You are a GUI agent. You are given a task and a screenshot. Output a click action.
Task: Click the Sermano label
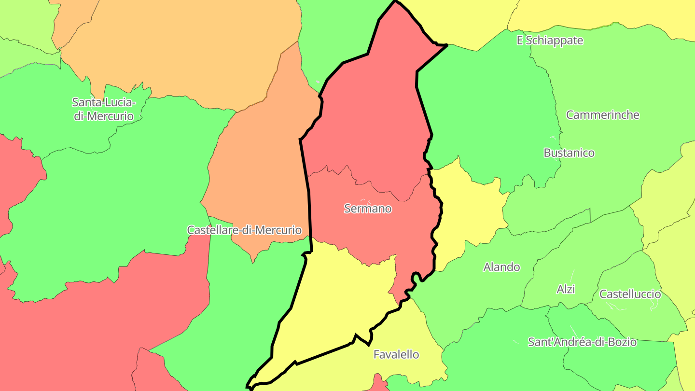[x=368, y=209]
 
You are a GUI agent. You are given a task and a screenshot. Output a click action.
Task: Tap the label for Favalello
[x=396, y=354]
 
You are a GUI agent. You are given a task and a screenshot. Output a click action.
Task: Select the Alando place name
[x=501, y=267]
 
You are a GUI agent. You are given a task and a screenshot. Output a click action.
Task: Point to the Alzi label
[x=566, y=289]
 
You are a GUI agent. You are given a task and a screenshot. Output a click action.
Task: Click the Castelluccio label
[x=630, y=294]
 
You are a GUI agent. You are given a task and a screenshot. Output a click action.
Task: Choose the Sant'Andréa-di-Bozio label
[x=582, y=342]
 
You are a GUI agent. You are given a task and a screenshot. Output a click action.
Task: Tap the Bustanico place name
[x=569, y=153]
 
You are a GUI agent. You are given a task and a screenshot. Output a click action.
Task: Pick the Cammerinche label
[x=602, y=115]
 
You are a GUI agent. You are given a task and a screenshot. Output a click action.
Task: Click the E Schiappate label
[x=550, y=41]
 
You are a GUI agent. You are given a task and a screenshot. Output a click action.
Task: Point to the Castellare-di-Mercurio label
[x=244, y=230]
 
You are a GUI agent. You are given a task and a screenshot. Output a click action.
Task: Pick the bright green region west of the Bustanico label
[x=487, y=111]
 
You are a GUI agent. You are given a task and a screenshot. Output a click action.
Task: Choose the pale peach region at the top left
[x=183, y=48]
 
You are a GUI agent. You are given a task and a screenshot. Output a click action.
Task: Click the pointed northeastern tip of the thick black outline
[x=446, y=45]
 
